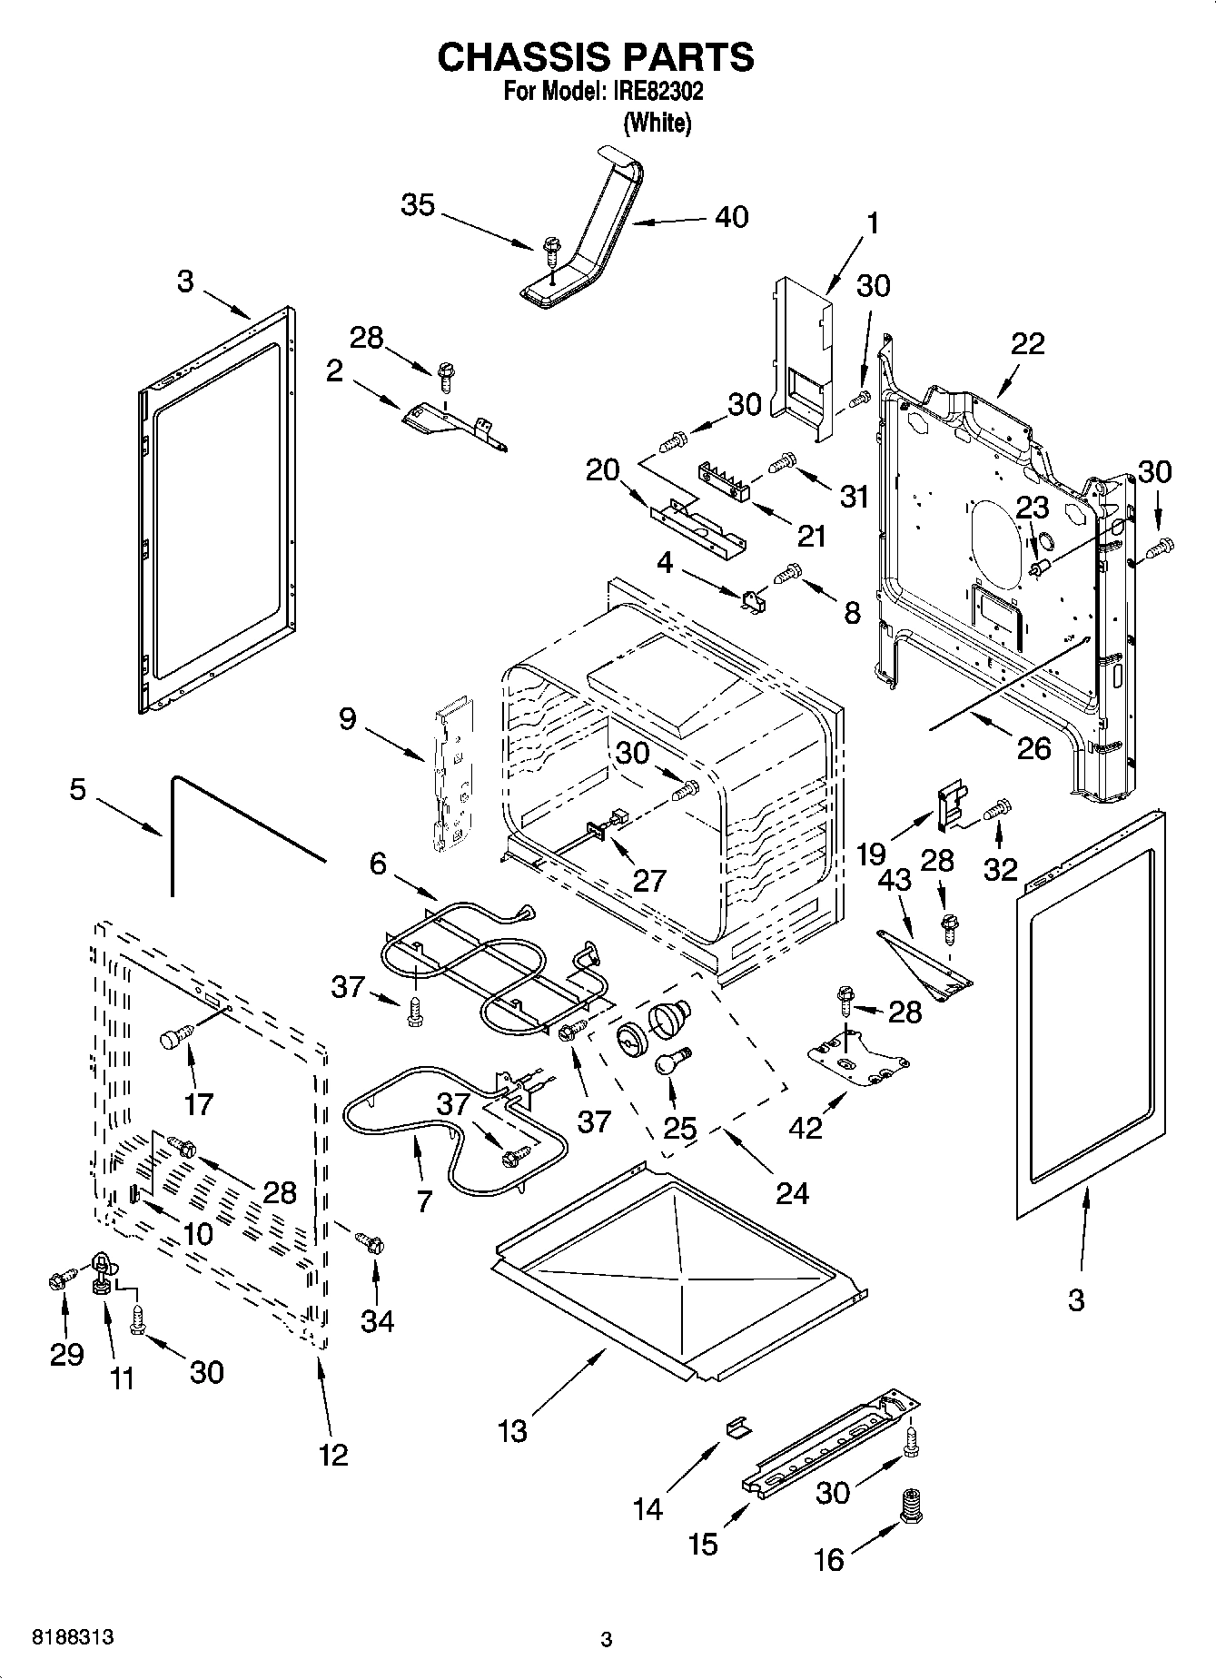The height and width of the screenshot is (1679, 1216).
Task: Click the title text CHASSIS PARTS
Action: pyautogui.click(x=595, y=56)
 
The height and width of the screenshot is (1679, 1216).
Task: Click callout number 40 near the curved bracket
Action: pyautogui.click(x=731, y=217)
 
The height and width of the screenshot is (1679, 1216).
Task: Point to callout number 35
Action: pyautogui.click(x=418, y=205)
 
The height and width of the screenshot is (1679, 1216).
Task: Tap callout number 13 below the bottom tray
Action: pyautogui.click(x=512, y=1431)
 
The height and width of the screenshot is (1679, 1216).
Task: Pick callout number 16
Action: pyautogui.click(x=828, y=1560)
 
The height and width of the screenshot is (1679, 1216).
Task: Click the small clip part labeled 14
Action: pyautogui.click(x=737, y=1427)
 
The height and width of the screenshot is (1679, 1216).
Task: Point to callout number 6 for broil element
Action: pyautogui.click(x=378, y=864)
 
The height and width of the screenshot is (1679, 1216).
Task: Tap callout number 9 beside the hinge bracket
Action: pyautogui.click(x=347, y=719)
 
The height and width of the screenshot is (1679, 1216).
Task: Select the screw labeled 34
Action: pyautogui.click(x=370, y=1241)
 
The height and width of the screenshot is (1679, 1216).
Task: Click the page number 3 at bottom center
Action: pyautogui.click(x=607, y=1640)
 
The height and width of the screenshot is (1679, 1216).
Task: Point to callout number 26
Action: pyautogui.click(x=1033, y=748)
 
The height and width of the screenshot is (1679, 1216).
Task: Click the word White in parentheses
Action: pyautogui.click(x=657, y=123)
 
